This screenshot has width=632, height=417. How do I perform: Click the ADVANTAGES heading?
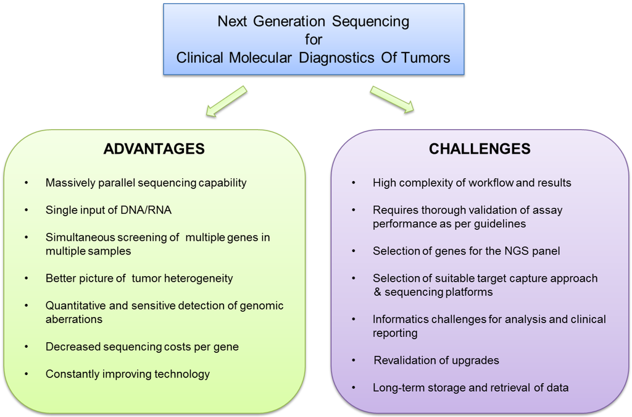coord(154,149)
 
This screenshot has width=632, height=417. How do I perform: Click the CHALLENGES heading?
coord(480,149)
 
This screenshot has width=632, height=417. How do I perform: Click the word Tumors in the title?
coord(426,58)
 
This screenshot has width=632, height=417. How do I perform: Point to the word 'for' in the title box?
coord(314,40)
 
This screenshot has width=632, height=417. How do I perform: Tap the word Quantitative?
coord(75,306)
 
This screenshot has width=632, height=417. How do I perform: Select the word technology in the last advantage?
coord(183,374)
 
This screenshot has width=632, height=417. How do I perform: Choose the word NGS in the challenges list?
coord(505,251)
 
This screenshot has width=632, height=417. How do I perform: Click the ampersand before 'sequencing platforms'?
coord(377,292)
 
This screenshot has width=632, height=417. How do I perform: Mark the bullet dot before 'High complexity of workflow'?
coord(354,183)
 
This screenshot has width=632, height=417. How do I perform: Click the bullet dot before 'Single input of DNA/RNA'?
coord(27,210)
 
